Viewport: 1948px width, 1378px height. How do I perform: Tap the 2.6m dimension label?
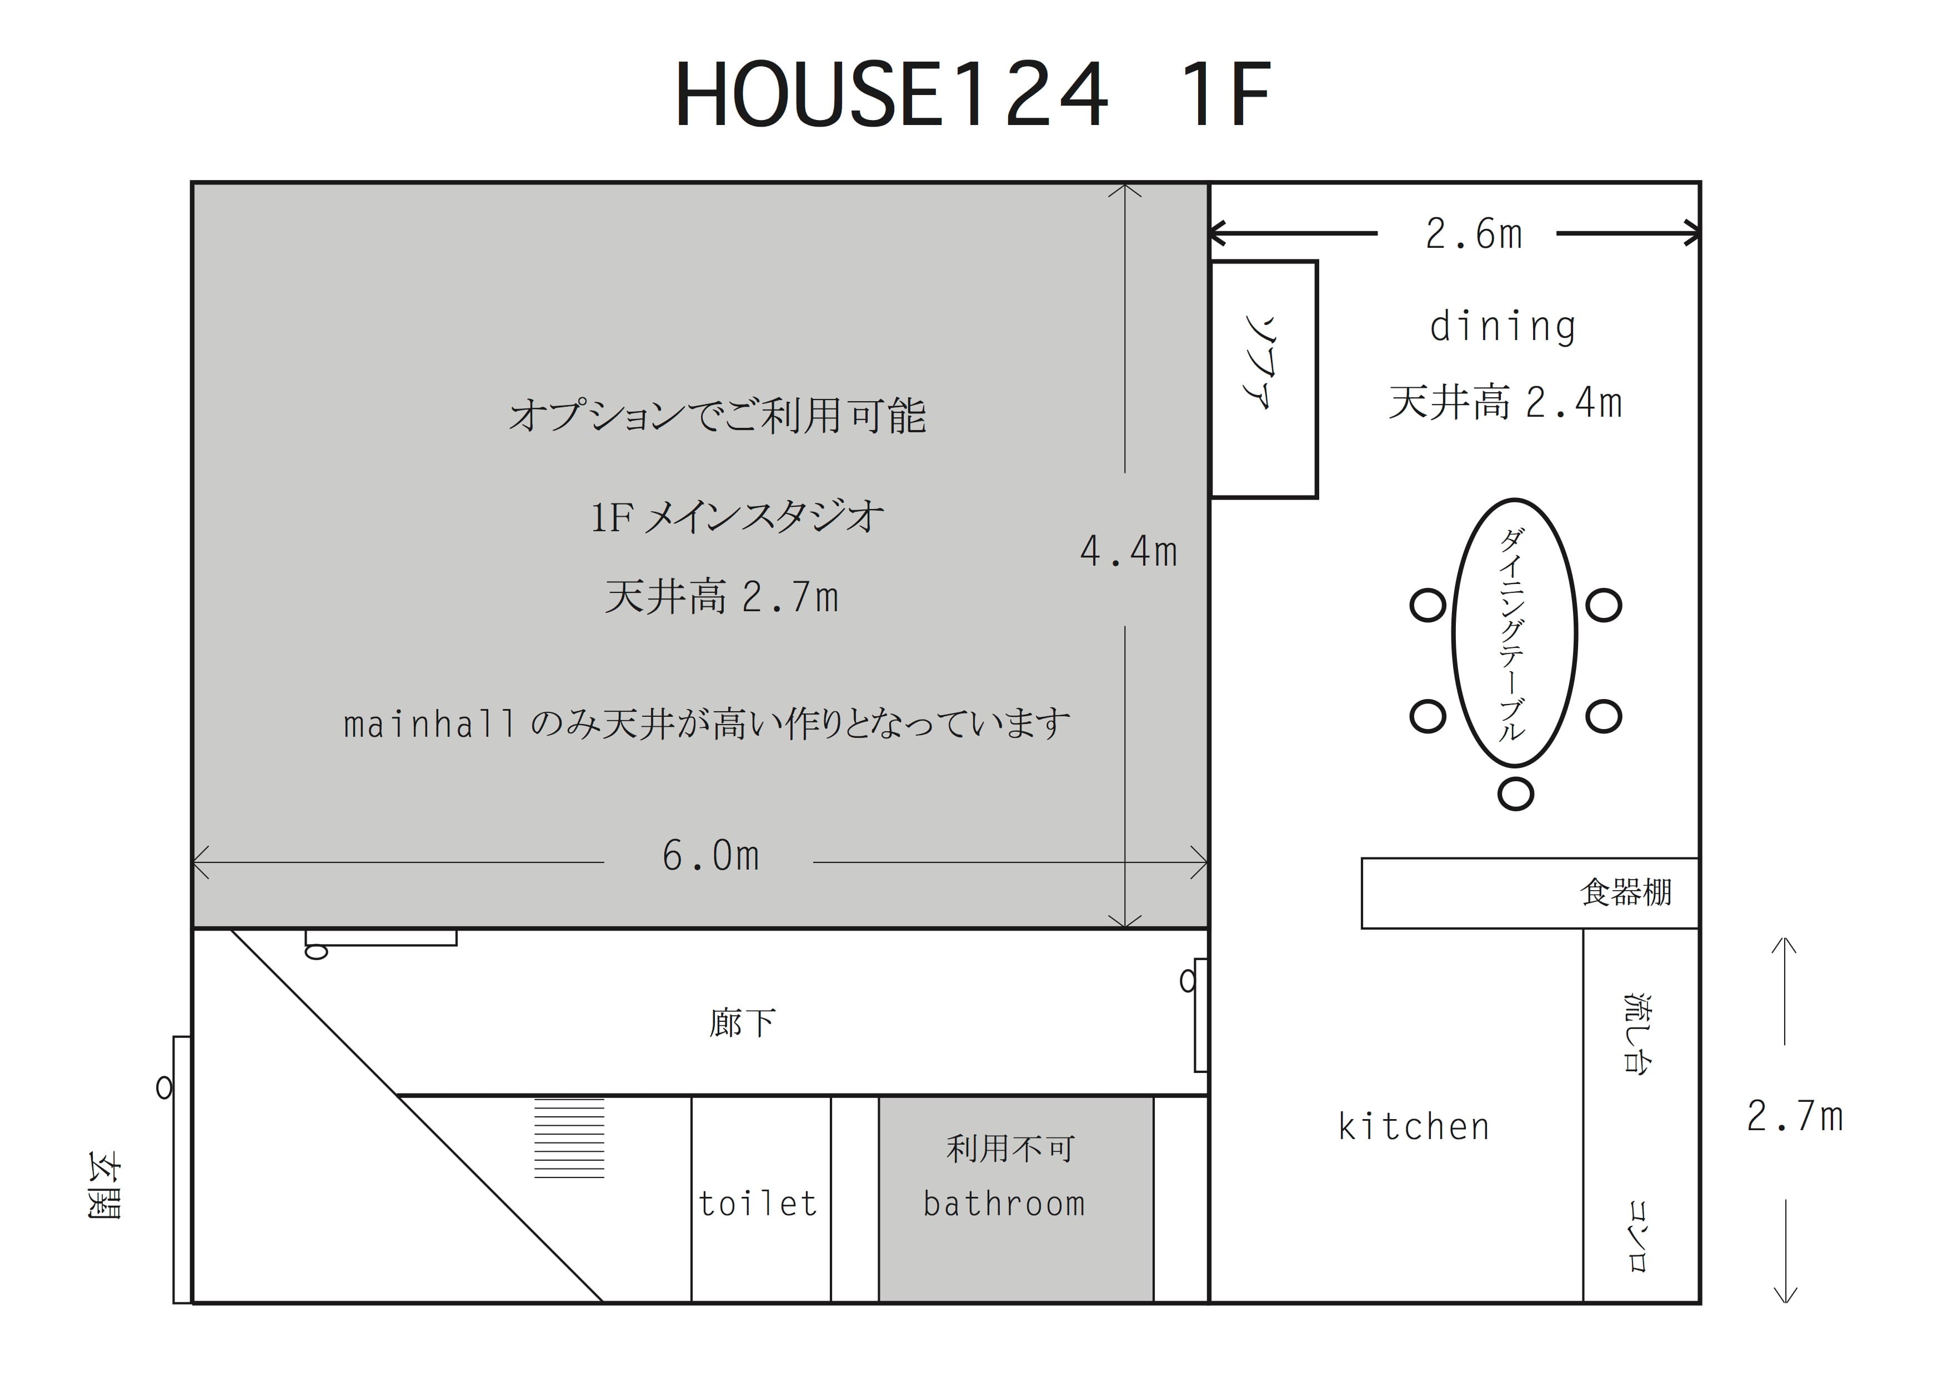tap(1474, 234)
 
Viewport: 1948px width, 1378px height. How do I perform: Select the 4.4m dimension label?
tap(1128, 552)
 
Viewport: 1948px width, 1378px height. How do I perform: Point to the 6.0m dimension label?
tap(710, 855)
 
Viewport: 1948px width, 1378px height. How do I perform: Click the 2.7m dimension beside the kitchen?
tap(1795, 1117)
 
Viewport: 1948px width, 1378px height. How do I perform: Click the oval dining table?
tap(1514, 632)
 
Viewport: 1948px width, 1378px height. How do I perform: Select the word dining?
tap(1503, 327)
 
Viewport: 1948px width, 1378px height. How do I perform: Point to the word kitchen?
tap(1414, 1127)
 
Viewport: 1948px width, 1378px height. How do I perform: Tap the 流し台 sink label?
tap(1637, 1033)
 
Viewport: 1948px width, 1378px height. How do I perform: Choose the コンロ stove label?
tap(1638, 1236)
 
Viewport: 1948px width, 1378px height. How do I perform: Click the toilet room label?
tap(758, 1203)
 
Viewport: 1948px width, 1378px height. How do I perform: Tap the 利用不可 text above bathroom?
tap(1010, 1149)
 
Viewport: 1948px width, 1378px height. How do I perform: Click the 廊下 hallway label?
tap(743, 1023)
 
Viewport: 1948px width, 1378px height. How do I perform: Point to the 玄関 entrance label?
tap(105, 1185)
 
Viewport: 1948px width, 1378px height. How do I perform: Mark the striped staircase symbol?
tap(569, 1138)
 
